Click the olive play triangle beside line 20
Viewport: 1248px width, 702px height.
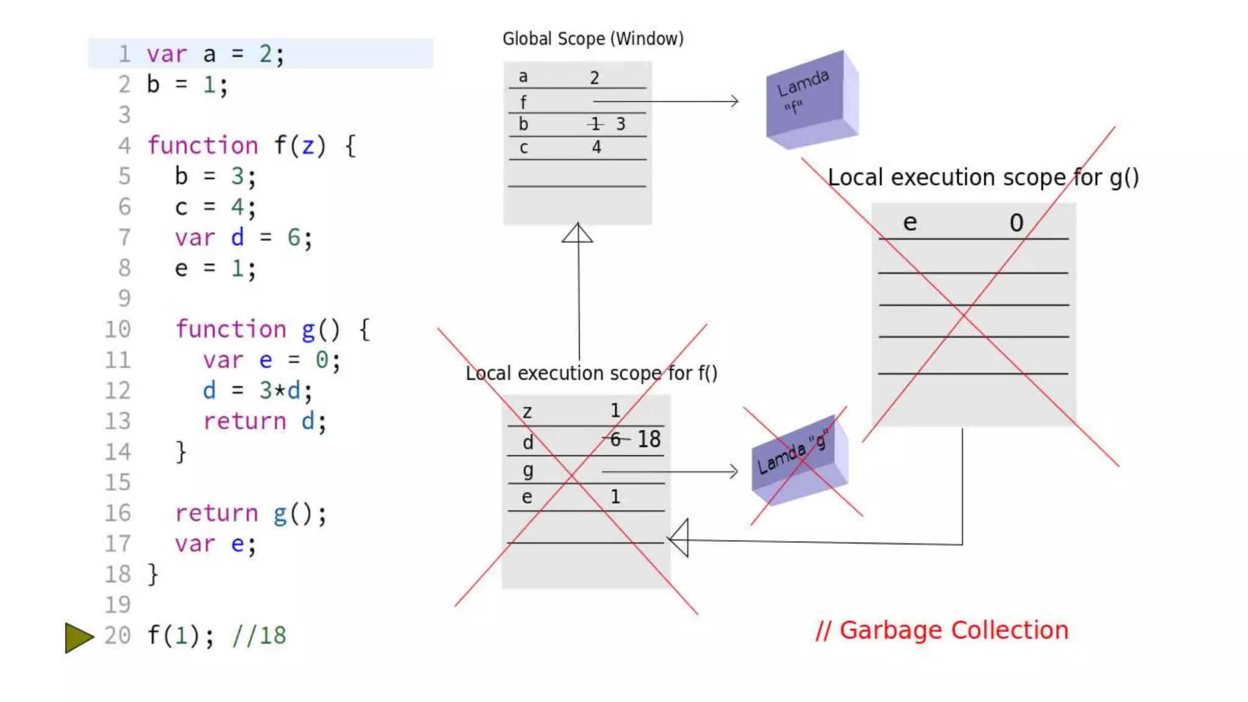[x=78, y=637]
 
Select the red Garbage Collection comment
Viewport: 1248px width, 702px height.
[x=942, y=630]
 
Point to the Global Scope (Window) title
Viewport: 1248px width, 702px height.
[x=592, y=39]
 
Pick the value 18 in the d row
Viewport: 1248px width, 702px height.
[x=649, y=439]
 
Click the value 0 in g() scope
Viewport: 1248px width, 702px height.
[x=1016, y=223]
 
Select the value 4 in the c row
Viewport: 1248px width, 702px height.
[x=597, y=147]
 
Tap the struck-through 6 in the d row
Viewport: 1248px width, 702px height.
[x=615, y=439]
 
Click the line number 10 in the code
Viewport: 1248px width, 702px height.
[x=118, y=330]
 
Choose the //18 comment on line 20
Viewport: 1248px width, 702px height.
[x=259, y=636]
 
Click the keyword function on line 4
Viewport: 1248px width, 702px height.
[x=203, y=146]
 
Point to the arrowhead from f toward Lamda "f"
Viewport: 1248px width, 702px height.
[x=734, y=101]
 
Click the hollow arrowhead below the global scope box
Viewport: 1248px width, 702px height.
[x=577, y=233]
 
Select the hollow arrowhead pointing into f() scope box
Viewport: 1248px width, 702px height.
[x=679, y=539]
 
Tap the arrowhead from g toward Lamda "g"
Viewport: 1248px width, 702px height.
[x=732, y=471]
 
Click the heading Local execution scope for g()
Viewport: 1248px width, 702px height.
[x=983, y=177]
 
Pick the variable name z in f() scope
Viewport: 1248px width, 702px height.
[x=527, y=413]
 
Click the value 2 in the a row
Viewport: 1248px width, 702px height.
[x=594, y=78]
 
